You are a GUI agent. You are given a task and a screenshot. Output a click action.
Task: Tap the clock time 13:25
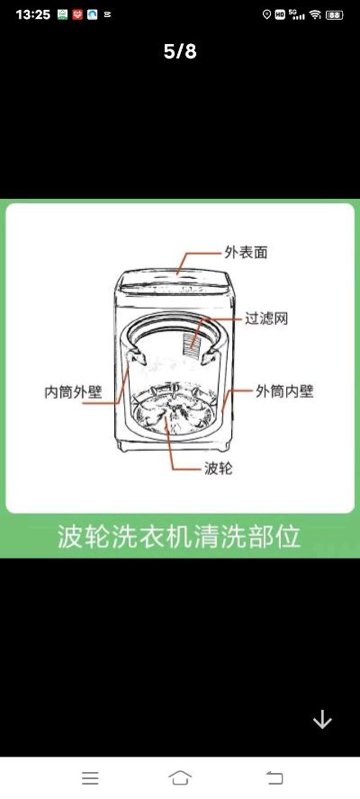pyautogui.click(x=33, y=14)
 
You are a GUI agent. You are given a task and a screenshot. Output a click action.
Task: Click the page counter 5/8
pyautogui.click(x=180, y=51)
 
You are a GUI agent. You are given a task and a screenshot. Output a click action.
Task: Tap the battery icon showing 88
pyautogui.click(x=335, y=14)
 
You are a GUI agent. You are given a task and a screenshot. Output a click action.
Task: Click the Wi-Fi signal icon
pyautogui.click(x=315, y=14)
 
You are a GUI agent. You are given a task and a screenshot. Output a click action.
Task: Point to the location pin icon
pyautogui.click(x=266, y=14)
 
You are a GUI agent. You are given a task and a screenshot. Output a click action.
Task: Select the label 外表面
pyautogui.click(x=246, y=252)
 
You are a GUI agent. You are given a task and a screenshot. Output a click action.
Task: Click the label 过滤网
pyautogui.click(x=266, y=319)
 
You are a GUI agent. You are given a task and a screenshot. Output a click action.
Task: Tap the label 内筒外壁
pyautogui.click(x=74, y=392)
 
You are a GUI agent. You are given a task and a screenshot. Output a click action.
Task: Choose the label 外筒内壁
pyautogui.click(x=284, y=391)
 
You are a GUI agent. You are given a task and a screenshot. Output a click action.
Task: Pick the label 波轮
pyautogui.click(x=218, y=468)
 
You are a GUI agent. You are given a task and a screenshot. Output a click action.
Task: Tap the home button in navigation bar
pyautogui.click(x=180, y=777)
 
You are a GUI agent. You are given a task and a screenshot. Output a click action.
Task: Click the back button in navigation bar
pyautogui.click(x=274, y=777)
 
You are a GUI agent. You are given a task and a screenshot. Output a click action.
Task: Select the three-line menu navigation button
pyautogui.click(x=90, y=777)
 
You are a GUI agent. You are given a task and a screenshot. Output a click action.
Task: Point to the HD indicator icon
pyautogui.click(x=280, y=14)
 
